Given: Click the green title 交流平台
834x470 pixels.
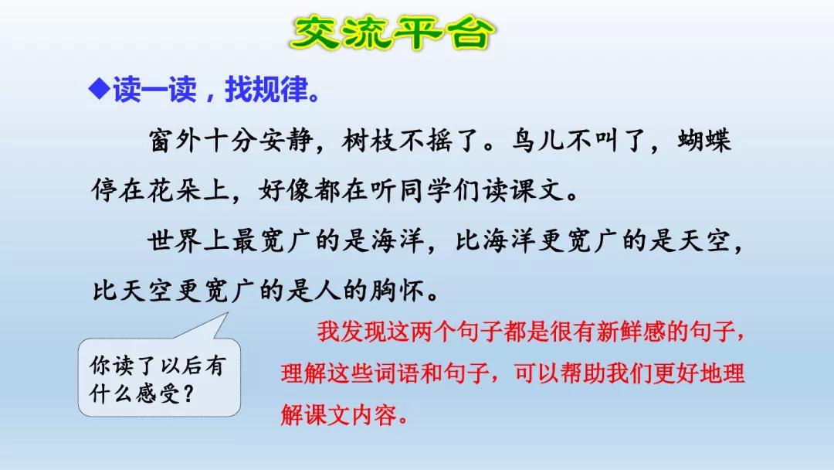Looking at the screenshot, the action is click(392, 33).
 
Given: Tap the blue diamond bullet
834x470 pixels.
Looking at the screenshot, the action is click(100, 88).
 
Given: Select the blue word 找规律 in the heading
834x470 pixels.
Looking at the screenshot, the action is click(266, 89).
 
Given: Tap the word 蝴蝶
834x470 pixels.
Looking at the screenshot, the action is click(704, 141).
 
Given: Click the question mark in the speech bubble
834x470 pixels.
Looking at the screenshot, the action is click(187, 394).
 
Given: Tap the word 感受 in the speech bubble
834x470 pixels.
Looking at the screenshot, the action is click(158, 394).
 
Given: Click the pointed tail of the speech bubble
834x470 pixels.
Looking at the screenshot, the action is click(227, 314).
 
